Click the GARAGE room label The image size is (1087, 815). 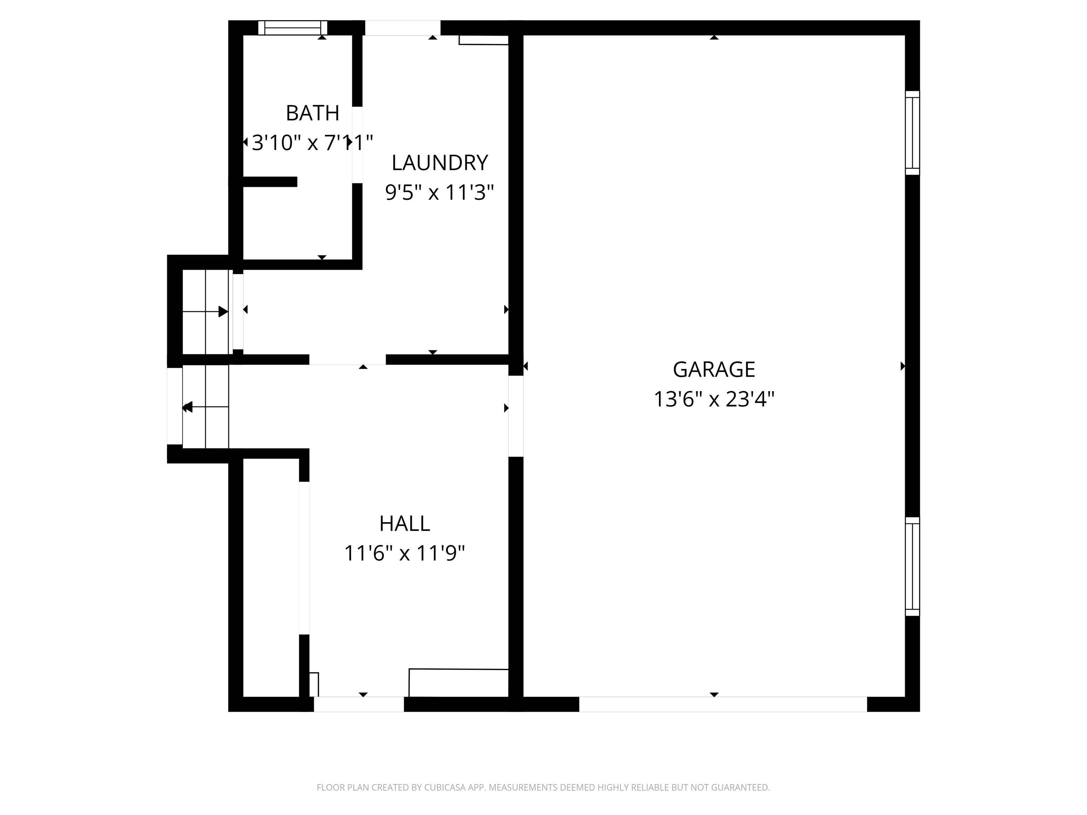714,369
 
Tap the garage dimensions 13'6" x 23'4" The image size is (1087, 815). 714,399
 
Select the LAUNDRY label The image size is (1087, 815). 439,163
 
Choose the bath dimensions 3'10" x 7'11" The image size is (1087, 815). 312,143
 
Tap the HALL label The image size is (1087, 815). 404,524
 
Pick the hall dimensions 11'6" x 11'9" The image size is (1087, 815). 404,554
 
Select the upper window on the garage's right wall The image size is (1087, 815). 912,133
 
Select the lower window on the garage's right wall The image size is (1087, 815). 912,566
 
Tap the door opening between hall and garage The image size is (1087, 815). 516,416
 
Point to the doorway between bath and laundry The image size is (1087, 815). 357,145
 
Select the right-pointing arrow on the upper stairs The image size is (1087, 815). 223,311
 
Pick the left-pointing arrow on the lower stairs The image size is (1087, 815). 187,407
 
